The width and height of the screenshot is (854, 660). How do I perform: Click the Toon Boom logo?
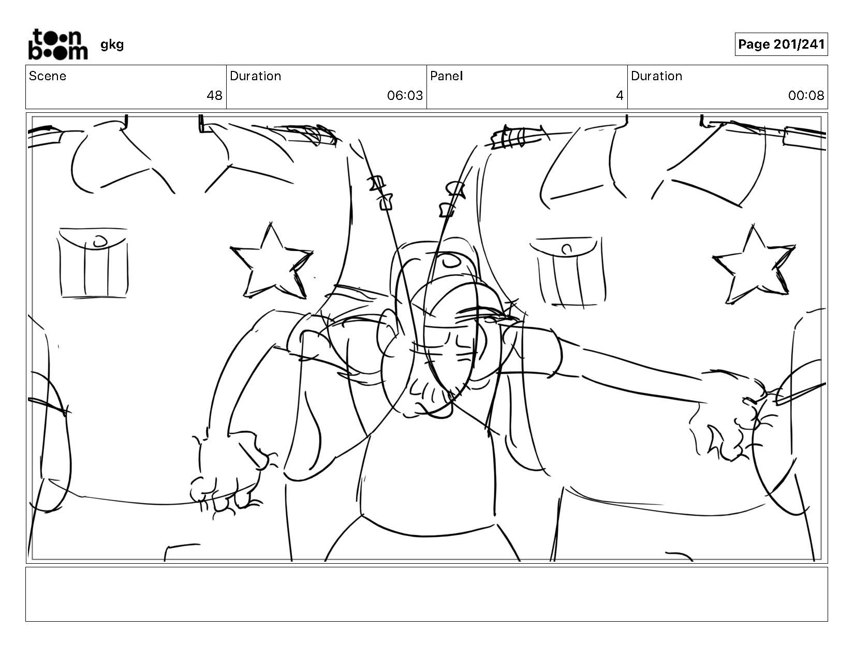[58, 45]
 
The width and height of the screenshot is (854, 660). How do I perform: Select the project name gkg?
[112, 45]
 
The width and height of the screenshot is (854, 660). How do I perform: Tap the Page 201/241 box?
[782, 44]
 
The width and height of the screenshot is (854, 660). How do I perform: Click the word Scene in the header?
[48, 76]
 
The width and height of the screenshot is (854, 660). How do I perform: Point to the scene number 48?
[215, 96]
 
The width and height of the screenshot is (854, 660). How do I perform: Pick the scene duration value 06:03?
[405, 96]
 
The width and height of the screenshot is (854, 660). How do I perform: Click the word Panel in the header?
[447, 76]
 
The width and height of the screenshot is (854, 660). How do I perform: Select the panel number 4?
[620, 96]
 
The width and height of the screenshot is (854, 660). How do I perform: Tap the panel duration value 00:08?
[806, 96]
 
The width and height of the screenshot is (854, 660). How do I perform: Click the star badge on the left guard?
[271, 262]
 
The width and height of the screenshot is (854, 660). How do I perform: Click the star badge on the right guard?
[754, 266]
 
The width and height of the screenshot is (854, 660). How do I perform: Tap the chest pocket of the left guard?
[93, 262]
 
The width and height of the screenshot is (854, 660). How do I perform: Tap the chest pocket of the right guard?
[567, 271]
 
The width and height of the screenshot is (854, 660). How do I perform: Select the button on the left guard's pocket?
[100, 241]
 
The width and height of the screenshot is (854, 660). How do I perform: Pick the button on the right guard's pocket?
[567, 249]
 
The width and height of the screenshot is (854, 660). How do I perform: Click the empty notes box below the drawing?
[427, 594]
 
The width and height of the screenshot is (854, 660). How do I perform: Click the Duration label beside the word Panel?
[656, 76]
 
